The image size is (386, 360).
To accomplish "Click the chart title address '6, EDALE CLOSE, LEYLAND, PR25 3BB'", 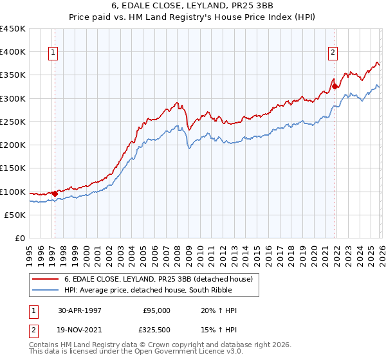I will click(193, 6).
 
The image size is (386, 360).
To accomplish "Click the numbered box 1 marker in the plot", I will click(53, 53).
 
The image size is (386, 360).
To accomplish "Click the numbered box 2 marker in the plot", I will click(333, 53).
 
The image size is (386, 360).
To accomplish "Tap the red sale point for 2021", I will click(335, 86).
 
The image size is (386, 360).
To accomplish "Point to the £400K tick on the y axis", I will click(13, 52).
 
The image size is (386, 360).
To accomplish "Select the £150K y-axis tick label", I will click(13, 168).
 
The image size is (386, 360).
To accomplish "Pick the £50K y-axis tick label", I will click(15, 215).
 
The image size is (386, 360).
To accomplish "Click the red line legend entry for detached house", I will click(161, 280).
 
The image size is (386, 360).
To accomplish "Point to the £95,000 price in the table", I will click(157, 310).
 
